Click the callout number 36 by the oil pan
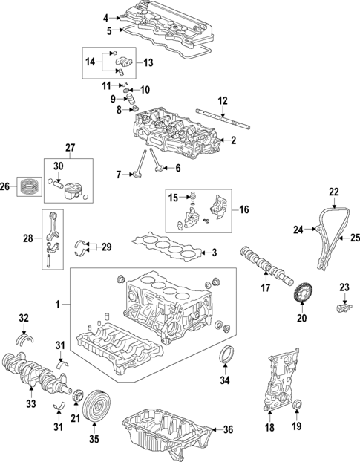228,429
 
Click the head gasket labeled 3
167,247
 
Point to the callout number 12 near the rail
222,100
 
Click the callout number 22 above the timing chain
334,192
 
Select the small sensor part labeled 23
342,305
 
